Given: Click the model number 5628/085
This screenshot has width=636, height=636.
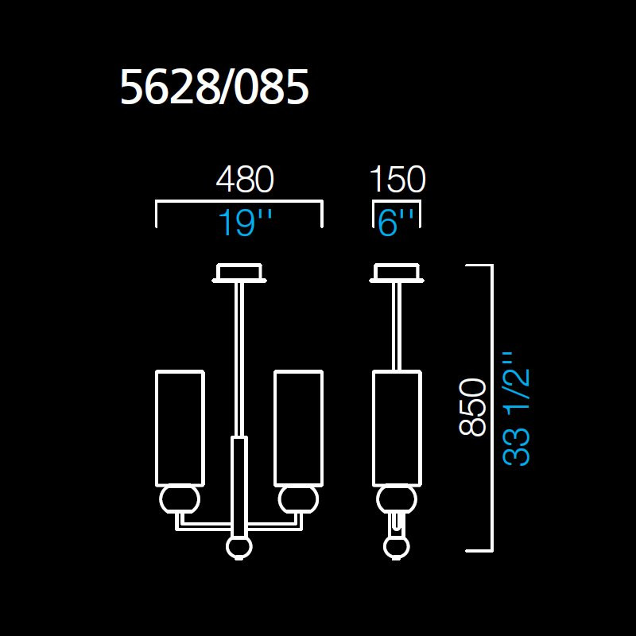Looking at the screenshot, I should click(x=214, y=88).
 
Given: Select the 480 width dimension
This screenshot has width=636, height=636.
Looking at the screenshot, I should click(x=244, y=180).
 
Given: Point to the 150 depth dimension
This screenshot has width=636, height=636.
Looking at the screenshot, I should click(x=397, y=180).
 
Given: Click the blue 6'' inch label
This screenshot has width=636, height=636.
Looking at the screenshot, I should click(x=397, y=223).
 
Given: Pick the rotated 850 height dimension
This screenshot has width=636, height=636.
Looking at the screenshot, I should click(x=473, y=406).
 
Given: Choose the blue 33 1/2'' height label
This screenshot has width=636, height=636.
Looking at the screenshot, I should click(x=517, y=409).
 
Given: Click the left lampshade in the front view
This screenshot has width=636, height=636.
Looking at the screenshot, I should click(x=180, y=428).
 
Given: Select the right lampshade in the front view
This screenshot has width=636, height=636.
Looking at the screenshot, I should click(x=298, y=428).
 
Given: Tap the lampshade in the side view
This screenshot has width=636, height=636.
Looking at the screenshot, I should click(x=397, y=428).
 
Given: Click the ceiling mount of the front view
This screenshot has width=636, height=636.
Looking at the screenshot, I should click(x=238, y=273).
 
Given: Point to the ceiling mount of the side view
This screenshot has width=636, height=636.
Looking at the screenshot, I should click(x=397, y=273).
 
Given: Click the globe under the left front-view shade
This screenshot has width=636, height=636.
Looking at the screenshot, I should click(x=179, y=501).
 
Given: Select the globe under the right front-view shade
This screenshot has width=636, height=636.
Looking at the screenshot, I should click(x=298, y=501).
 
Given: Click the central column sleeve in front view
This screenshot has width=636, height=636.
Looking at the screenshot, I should click(x=238, y=485).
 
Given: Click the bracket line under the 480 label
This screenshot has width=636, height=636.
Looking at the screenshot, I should click(x=238, y=204).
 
